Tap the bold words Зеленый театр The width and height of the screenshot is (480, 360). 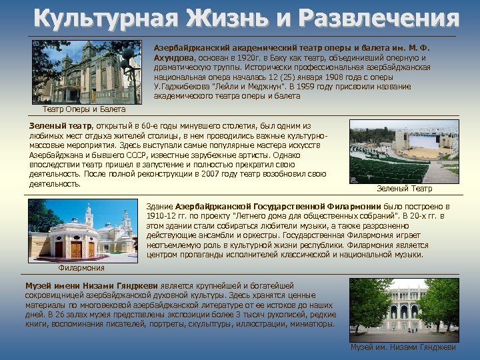(x=59, y=126)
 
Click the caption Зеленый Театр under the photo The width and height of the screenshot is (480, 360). (x=404, y=189)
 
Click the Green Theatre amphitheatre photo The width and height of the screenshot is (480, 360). (x=404, y=151)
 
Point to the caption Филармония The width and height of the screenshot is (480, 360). (x=81, y=268)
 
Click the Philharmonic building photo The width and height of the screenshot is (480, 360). (x=82, y=231)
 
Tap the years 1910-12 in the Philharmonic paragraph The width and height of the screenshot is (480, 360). (x=163, y=217)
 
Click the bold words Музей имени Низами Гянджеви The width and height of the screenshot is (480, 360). (x=90, y=285)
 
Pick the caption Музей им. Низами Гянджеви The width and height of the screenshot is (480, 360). (x=404, y=347)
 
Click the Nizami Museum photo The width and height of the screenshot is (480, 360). (x=404, y=310)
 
